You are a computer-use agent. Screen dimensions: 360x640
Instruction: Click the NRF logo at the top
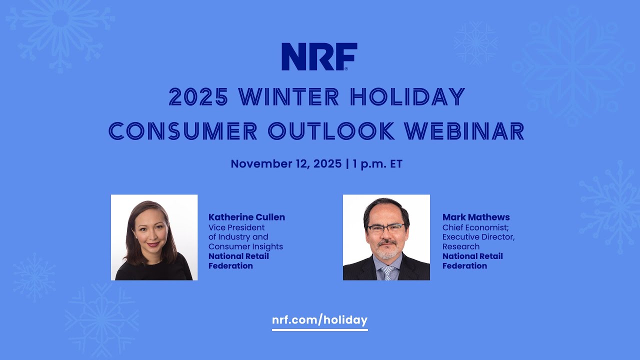(x=319, y=56)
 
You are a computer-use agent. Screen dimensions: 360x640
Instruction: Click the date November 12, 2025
(x=285, y=164)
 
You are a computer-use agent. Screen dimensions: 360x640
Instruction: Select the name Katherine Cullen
(x=246, y=217)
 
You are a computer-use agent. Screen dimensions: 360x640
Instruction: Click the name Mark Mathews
(x=475, y=217)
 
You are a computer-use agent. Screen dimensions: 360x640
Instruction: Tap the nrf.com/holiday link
(x=319, y=320)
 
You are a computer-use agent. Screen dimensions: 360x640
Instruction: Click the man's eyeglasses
(x=385, y=228)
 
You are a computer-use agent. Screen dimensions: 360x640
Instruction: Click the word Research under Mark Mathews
(x=460, y=246)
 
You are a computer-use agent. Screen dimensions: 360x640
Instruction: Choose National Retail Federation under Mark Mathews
(x=472, y=261)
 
